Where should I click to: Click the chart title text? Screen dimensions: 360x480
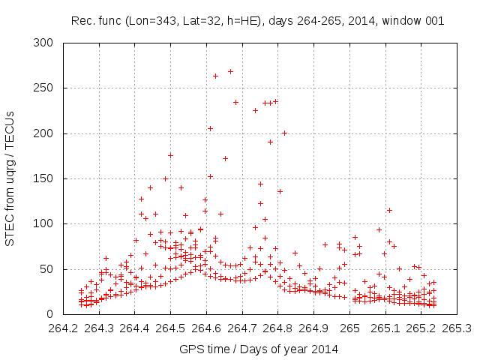pyautogui.click(x=257, y=21)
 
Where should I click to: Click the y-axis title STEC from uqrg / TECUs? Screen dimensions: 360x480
pyautogui.click(x=10, y=178)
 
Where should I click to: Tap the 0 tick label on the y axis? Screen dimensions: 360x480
pyautogui.click(x=52, y=313)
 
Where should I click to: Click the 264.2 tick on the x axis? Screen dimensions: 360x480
pyautogui.click(x=63, y=328)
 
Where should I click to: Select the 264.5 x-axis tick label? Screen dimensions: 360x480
pyautogui.click(x=170, y=328)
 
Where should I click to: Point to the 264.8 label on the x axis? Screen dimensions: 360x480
pyautogui.click(x=278, y=328)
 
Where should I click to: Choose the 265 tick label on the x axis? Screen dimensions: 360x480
pyautogui.click(x=350, y=328)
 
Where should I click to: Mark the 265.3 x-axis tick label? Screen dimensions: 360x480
pyautogui.click(x=457, y=328)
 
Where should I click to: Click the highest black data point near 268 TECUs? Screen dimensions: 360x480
pyautogui.click(x=230, y=71)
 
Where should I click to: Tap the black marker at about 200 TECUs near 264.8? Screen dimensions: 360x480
pyautogui.click(x=284, y=133)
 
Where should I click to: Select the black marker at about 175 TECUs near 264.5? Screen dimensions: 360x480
pyautogui.click(x=170, y=155)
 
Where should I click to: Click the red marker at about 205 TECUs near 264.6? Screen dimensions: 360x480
pyautogui.click(x=210, y=128)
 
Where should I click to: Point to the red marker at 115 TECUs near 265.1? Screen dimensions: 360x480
pyautogui.click(x=389, y=210)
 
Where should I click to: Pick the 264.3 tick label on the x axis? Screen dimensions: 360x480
pyautogui.click(x=99, y=328)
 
